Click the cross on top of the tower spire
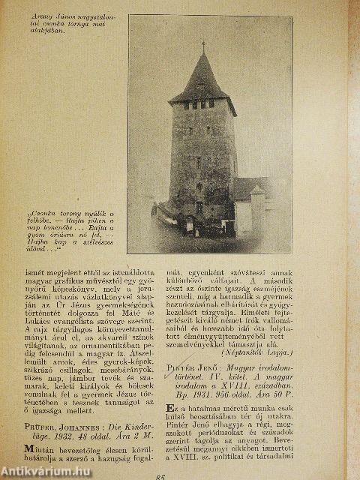(202, 46)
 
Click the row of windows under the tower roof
(202, 103)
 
